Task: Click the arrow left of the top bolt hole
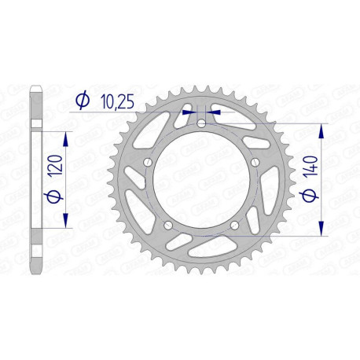click(x=189, y=112)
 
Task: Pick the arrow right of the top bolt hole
click(x=215, y=112)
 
